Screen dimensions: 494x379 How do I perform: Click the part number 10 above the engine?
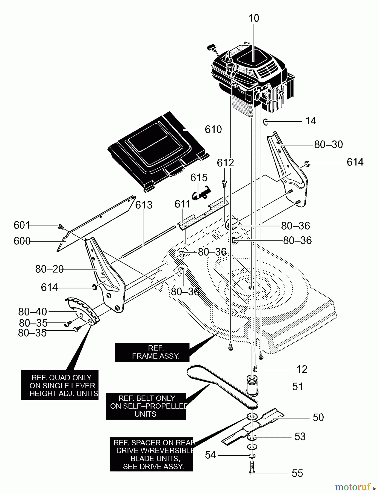254,18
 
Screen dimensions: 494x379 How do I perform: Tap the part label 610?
213,129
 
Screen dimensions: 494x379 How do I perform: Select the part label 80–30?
328,145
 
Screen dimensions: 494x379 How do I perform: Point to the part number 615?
199,178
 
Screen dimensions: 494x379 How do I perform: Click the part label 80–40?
33,312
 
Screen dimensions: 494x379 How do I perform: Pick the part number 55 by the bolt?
297,473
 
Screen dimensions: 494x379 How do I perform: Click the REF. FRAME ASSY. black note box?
152,352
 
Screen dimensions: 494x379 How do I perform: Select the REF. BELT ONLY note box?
146,406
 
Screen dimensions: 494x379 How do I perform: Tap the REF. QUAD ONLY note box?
60,385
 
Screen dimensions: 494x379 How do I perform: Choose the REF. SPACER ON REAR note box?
151,454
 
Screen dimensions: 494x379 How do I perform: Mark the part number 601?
22,225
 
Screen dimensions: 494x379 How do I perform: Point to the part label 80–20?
49,269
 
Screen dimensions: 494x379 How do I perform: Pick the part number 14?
311,121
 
